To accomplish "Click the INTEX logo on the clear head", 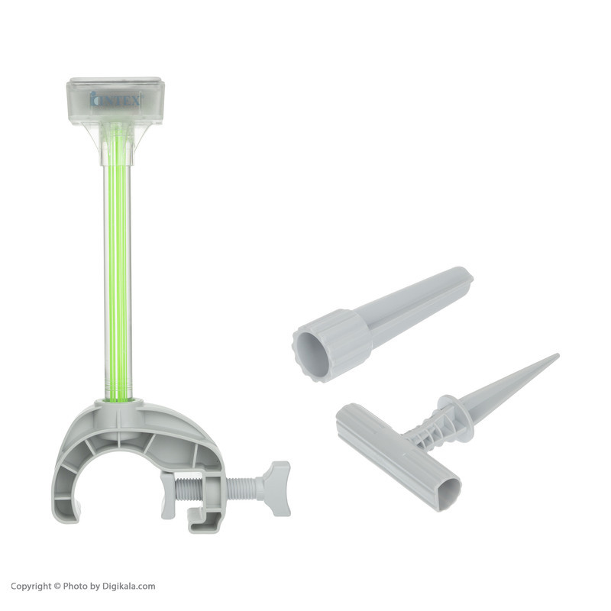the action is (x=115, y=99).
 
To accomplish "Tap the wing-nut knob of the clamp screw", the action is (x=276, y=489).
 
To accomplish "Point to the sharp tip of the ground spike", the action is (x=558, y=355).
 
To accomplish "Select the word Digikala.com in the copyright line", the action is (x=128, y=586).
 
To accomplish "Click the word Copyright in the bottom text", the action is (x=31, y=587).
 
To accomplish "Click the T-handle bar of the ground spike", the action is (x=399, y=456).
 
